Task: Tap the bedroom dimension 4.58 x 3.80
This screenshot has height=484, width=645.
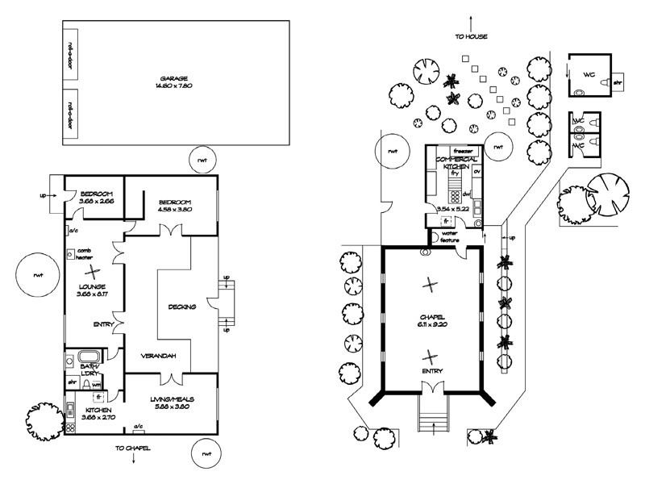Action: coord(176,210)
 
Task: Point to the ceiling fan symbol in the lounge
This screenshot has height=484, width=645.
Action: coord(94,272)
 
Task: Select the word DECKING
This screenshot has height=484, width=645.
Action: coord(181,307)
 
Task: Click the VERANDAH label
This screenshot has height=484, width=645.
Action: coord(160,356)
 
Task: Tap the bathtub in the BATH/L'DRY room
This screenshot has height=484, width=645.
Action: coord(85,357)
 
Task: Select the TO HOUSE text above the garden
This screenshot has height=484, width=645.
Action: coord(470,36)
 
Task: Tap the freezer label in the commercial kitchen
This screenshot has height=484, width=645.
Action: coord(462,151)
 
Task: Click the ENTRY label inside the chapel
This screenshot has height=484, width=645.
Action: coord(431,370)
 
